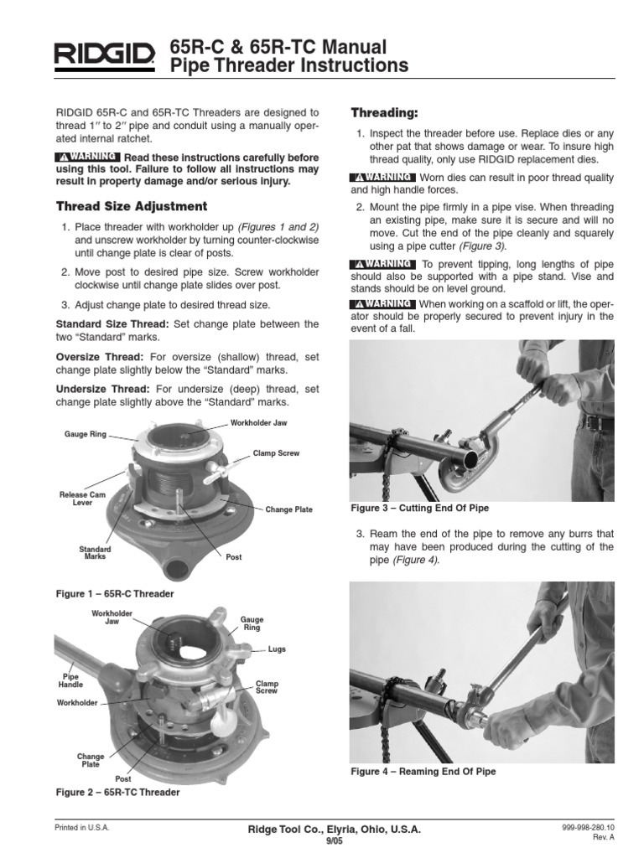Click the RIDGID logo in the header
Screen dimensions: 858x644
pos(105,56)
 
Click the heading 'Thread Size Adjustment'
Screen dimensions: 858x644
pos(131,206)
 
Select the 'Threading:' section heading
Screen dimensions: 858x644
pos(383,112)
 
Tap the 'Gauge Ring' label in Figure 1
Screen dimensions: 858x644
pos(83,434)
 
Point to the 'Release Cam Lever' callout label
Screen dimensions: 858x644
pos(76,499)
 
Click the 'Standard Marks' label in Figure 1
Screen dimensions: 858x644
pos(95,552)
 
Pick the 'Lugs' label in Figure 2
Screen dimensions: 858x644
pos(277,649)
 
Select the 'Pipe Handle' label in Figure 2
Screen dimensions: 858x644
pos(70,680)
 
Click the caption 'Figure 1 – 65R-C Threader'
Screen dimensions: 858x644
pos(114,593)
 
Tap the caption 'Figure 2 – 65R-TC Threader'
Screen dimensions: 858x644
pos(117,791)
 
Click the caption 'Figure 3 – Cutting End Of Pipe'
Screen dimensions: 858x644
pos(418,509)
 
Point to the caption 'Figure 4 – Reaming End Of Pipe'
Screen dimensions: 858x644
pos(422,771)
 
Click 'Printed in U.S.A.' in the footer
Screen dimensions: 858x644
pos(82,828)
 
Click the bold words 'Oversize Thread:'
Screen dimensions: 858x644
pos(99,357)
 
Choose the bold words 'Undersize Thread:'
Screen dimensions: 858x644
pos(102,389)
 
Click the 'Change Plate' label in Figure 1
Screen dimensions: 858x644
pos(290,509)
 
